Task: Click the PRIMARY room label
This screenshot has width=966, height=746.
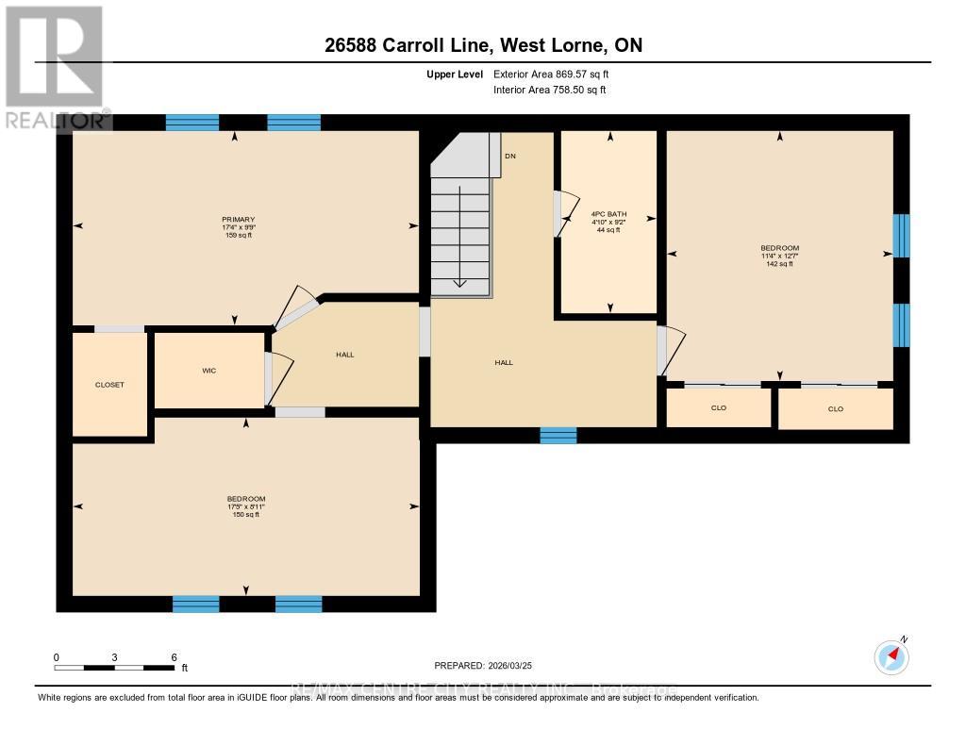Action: click(239, 220)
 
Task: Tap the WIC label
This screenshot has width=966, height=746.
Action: click(208, 371)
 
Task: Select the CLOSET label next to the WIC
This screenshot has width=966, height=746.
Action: click(109, 385)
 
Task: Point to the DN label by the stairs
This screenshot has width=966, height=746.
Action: click(510, 156)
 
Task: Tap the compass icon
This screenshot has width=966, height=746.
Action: click(891, 656)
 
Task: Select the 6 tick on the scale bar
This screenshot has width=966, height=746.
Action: click(174, 657)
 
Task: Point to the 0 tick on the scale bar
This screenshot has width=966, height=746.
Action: click(56, 657)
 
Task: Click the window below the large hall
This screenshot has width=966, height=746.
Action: click(558, 435)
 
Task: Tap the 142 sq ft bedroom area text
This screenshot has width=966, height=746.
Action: click(779, 264)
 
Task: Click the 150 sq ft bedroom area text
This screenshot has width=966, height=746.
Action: click(245, 514)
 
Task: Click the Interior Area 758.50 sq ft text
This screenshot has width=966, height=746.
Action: click(550, 91)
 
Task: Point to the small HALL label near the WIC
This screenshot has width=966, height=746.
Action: click(344, 355)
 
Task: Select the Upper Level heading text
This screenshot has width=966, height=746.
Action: click(454, 74)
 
